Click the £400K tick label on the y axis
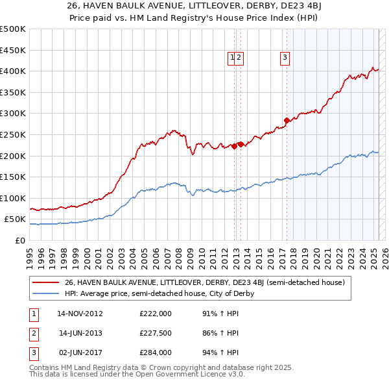[x=13, y=71]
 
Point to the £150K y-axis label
[x=13, y=177]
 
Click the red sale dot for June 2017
[x=287, y=120]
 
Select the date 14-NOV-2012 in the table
[x=80, y=314]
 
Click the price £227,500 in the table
[x=156, y=333]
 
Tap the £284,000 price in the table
[x=156, y=353]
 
